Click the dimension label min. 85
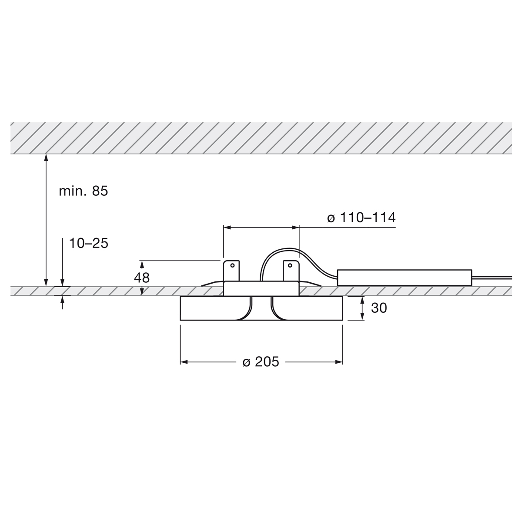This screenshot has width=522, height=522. click(x=83, y=191)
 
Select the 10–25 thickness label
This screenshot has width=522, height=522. click(x=88, y=243)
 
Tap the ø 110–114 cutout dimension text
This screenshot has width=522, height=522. click(x=361, y=217)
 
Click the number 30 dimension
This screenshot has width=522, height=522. click(x=379, y=308)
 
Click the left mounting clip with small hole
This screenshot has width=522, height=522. click(x=232, y=271)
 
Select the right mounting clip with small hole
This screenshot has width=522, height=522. click(x=291, y=271)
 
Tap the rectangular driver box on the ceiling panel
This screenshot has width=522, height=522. click(x=405, y=278)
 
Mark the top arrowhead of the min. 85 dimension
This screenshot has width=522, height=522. click(x=45, y=157)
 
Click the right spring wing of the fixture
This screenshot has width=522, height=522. click(x=311, y=284)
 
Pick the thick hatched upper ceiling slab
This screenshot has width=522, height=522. click(x=261, y=137)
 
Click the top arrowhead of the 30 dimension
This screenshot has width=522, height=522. click(x=363, y=300)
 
